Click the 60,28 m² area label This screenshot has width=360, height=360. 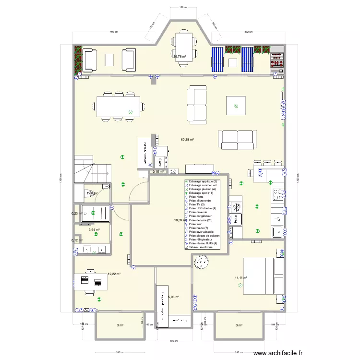(187, 140)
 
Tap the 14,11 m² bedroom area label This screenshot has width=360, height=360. (241, 277)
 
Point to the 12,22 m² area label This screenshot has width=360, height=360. (114, 274)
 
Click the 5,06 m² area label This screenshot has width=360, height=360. (173, 297)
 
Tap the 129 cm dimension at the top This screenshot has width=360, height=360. (182, 8)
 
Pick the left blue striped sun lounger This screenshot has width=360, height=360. (218, 59)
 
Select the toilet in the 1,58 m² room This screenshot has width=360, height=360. (90, 193)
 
